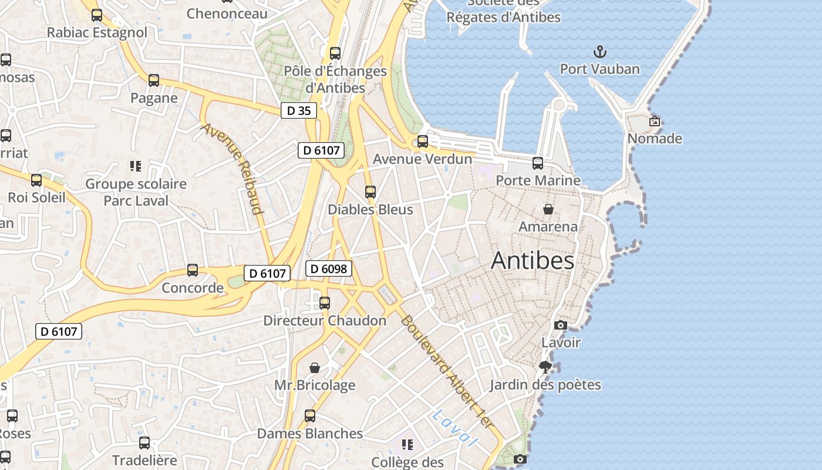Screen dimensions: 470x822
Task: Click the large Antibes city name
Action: click(x=532, y=260)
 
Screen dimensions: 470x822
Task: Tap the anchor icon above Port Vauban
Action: click(x=599, y=52)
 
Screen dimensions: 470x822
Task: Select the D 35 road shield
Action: click(x=299, y=110)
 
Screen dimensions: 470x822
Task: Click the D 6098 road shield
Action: click(x=329, y=269)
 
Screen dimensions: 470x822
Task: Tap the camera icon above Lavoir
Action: click(x=561, y=325)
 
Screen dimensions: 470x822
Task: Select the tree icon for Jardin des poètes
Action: click(x=545, y=367)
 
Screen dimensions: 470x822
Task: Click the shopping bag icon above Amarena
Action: click(x=548, y=209)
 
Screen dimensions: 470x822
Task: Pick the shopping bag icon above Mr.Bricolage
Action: click(x=315, y=368)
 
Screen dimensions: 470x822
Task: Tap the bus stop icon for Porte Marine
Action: click(x=538, y=163)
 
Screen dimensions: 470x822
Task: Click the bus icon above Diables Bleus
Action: click(x=370, y=192)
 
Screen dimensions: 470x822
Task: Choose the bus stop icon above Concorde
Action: click(x=193, y=270)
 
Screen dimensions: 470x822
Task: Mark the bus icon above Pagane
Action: click(x=154, y=80)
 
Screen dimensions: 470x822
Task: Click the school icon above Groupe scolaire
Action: click(x=136, y=166)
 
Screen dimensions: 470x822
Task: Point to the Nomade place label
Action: click(x=655, y=139)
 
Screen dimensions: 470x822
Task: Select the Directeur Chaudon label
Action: click(x=325, y=320)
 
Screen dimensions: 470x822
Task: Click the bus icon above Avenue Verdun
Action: click(x=423, y=142)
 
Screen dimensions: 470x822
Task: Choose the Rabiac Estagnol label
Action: click(x=97, y=32)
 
